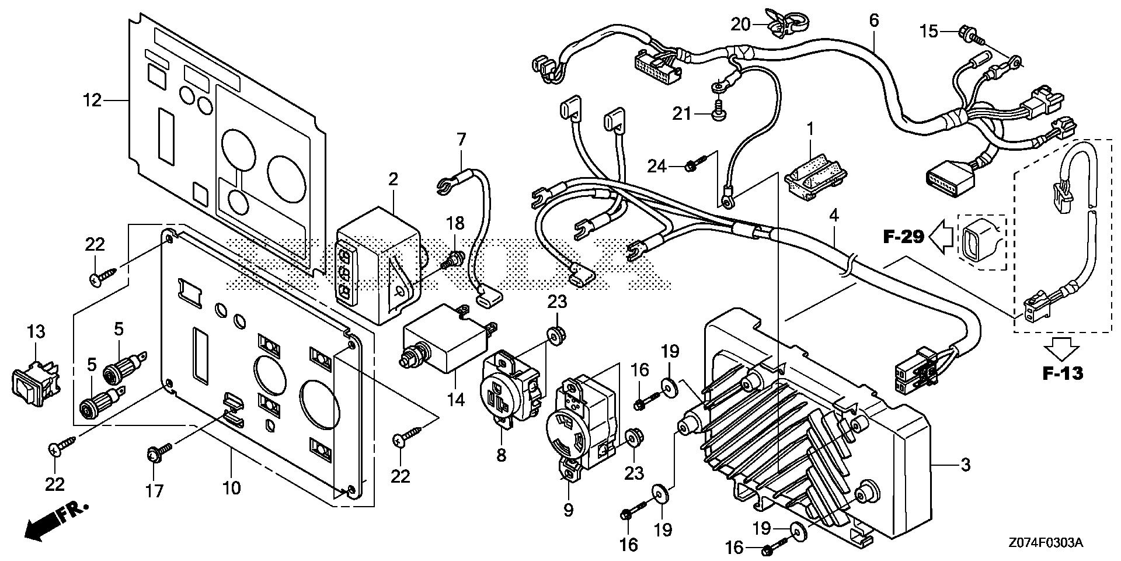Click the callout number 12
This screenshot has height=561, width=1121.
coord(93,101)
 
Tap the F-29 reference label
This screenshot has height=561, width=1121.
coord(903,237)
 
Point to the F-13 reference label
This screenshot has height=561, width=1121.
coord(1063,373)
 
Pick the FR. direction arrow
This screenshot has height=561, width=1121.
coord(56,519)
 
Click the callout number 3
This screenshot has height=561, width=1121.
coord(965,465)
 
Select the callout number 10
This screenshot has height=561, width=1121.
coord(232,487)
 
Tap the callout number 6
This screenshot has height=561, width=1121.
coord(873,21)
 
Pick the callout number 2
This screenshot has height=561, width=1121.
coord(393,179)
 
